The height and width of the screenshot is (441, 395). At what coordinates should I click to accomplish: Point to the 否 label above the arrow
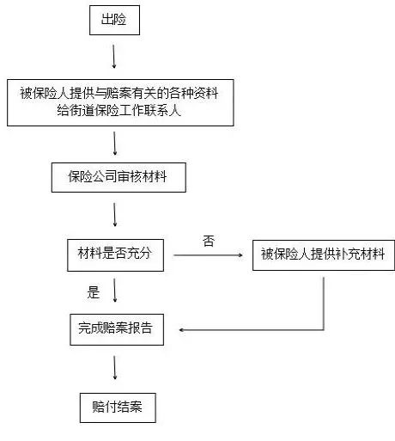[x=209, y=241]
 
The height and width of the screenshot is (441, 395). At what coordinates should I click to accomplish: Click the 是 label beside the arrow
[x=94, y=292]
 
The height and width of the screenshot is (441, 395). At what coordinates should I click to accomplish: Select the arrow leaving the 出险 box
[x=114, y=57]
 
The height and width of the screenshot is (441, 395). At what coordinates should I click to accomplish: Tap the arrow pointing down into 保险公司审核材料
[x=115, y=144]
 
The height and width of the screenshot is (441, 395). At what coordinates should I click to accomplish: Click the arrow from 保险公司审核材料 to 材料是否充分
[x=115, y=215]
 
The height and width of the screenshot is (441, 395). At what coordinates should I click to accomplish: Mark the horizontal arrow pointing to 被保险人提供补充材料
[x=208, y=255]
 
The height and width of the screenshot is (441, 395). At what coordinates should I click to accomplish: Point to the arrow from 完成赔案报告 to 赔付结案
[x=115, y=368]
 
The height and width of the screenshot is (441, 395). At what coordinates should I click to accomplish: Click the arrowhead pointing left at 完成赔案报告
[x=181, y=330]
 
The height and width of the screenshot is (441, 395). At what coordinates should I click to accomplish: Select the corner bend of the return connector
[x=324, y=330]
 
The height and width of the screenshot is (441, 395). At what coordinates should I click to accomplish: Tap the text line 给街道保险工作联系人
[x=118, y=110]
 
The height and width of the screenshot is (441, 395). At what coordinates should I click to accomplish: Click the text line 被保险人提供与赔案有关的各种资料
[x=119, y=93]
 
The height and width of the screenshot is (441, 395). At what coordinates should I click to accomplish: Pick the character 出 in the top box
[x=107, y=20]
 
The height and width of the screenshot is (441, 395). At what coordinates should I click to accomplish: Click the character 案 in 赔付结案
[x=136, y=407]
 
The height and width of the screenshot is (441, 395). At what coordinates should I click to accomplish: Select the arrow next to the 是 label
[x=115, y=291]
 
